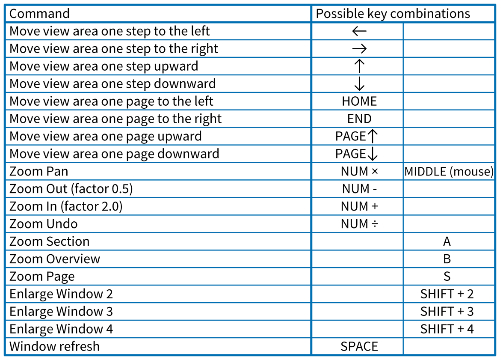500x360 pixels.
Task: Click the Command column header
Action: click(x=39, y=14)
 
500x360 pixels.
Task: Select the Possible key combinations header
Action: click(x=393, y=14)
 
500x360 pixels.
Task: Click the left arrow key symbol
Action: click(x=359, y=31)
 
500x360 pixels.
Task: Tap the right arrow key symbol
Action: click(x=359, y=48)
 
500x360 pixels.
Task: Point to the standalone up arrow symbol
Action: click(x=359, y=66)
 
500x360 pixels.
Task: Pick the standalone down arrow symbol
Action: click(x=359, y=83)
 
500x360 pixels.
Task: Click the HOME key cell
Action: click(x=359, y=101)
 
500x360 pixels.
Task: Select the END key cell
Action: click(x=359, y=119)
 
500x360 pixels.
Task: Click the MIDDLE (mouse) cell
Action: click(x=449, y=172)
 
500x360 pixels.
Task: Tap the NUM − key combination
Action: click(x=359, y=189)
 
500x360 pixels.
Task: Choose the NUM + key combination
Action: click(x=359, y=206)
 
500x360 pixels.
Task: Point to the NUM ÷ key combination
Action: click(x=359, y=224)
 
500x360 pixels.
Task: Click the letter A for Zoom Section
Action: click(x=447, y=241)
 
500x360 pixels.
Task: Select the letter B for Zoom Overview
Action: click(x=447, y=259)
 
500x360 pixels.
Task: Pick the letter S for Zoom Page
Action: click(x=447, y=277)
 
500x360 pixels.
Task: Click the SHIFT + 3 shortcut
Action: click(x=447, y=312)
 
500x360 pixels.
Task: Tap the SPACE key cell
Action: click(x=359, y=347)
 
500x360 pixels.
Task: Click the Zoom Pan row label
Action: click(x=39, y=171)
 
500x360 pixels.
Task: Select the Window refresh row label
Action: click(x=54, y=347)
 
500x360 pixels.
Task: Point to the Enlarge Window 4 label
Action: click(x=61, y=329)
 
